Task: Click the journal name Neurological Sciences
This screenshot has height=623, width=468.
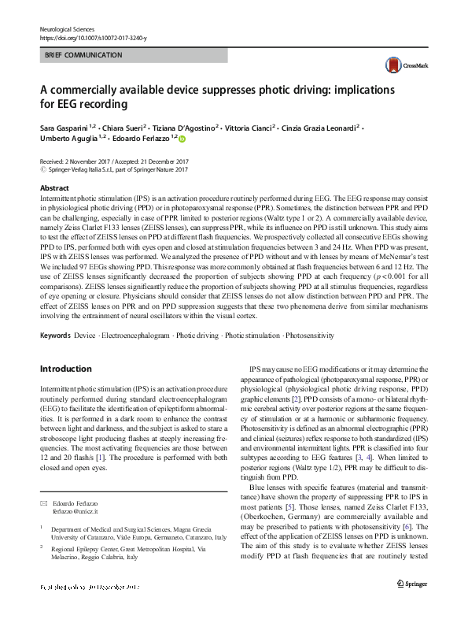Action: click(x=72, y=28)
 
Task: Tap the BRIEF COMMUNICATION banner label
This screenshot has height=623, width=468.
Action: click(x=83, y=55)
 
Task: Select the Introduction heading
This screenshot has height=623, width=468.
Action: click(x=65, y=369)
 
